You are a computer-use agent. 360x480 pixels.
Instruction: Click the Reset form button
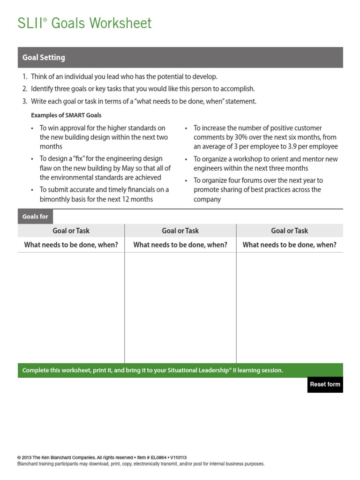tap(325, 384)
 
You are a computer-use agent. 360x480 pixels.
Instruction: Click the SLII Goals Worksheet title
tap(85, 23)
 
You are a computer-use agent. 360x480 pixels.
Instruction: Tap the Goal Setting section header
tap(44, 58)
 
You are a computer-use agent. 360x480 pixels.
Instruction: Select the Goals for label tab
tap(36, 217)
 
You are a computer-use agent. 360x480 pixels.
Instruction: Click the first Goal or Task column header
tap(71, 231)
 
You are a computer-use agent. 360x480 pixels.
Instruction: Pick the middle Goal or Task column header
tap(180, 231)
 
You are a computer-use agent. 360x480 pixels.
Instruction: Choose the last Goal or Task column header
tap(289, 231)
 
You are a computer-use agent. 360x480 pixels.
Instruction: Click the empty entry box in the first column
tap(71, 307)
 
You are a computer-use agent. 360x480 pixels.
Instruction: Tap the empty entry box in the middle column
tap(180, 307)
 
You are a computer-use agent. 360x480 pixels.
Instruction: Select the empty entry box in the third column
tap(289, 307)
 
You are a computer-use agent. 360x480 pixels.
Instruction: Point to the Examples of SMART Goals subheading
tap(66, 115)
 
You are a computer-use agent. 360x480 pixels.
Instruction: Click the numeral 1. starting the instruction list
tap(25, 76)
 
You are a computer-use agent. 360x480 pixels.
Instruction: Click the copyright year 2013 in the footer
tap(28, 457)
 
